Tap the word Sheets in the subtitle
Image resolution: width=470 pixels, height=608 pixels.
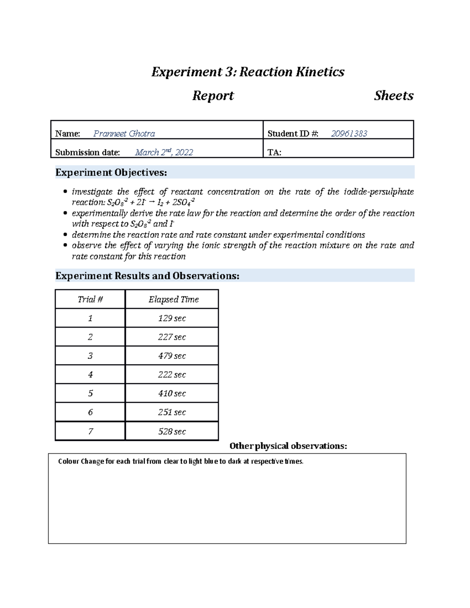pyautogui.click(x=394, y=96)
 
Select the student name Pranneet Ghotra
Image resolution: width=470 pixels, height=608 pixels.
pyautogui.click(x=124, y=134)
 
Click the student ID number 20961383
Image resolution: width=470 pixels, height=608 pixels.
pyautogui.click(x=349, y=134)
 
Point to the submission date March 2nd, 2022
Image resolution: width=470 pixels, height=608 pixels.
pyautogui.click(x=164, y=152)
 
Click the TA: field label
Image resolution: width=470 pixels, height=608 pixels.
pyautogui.click(x=274, y=153)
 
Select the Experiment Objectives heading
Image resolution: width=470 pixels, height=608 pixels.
pyautogui.click(x=111, y=173)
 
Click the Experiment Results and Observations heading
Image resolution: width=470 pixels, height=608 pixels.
pyautogui.click(x=147, y=276)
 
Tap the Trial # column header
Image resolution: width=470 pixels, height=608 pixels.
pyautogui.click(x=90, y=299)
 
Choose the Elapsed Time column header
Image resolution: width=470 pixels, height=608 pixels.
pyautogui.click(x=174, y=299)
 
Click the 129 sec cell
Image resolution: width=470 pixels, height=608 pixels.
pyautogui.click(x=172, y=318)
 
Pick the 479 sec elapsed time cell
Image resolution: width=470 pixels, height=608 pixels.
pyautogui.click(x=172, y=356)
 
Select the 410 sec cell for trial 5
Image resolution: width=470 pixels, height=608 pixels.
pyautogui.click(x=172, y=393)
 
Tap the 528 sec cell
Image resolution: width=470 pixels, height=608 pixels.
pyautogui.click(x=172, y=431)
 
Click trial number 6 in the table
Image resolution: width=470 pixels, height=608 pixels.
pyautogui.click(x=90, y=412)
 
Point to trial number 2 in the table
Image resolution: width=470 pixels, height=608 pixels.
pyautogui.click(x=90, y=337)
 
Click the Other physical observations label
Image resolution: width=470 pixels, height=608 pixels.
pyautogui.click(x=288, y=446)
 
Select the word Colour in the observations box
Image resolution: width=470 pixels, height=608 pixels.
pyautogui.click(x=69, y=462)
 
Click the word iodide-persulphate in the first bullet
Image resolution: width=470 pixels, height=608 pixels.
pyautogui.click(x=378, y=192)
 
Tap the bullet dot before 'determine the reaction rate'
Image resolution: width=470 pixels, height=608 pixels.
pyautogui.click(x=65, y=235)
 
